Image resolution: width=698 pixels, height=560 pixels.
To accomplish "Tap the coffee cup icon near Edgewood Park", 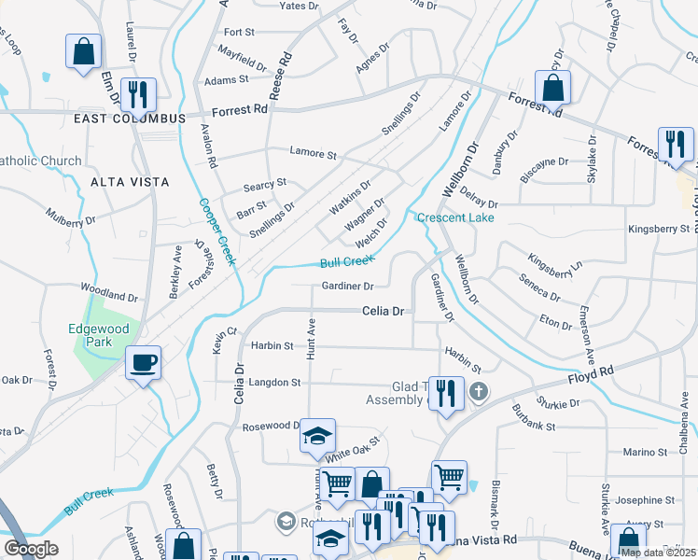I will pyautogui.click(x=143, y=363).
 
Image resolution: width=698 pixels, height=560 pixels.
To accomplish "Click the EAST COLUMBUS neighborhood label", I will pyautogui.click(x=131, y=119).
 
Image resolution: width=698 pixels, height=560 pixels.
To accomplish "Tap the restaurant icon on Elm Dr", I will pyautogui.click(x=138, y=94).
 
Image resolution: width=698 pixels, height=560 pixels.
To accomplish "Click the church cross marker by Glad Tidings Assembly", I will pyautogui.click(x=478, y=392).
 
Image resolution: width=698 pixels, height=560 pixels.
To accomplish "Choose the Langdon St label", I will pyautogui.click(x=274, y=383).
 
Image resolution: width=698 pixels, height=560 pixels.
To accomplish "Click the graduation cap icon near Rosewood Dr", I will pyautogui.click(x=316, y=436).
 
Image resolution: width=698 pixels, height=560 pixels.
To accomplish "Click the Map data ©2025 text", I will pyautogui.click(x=659, y=553).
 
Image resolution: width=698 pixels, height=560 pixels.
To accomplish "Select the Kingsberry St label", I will pyautogui.click(x=659, y=228).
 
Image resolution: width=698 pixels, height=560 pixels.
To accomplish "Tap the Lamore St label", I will pyautogui.click(x=312, y=152).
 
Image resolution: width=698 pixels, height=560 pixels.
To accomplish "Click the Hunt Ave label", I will pyautogui.click(x=312, y=338).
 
